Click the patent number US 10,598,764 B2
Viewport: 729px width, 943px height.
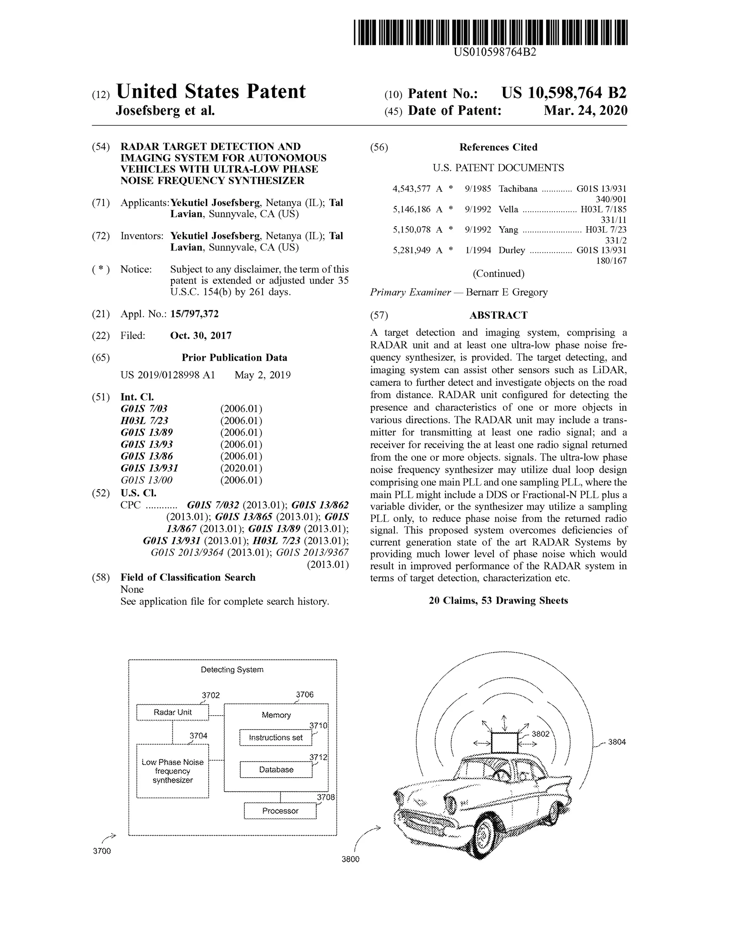click(x=563, y=93)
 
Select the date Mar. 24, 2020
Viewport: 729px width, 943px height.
click(x=585, y=111)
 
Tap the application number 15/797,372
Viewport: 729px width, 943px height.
click(x=194, y=314)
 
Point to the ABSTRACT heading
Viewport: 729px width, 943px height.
click(x=498, y=315)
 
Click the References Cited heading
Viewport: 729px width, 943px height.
click(x=498, y=147)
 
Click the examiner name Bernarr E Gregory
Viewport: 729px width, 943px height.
click(x=506, y=292)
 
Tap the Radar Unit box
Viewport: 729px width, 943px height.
click(x=172, y=712)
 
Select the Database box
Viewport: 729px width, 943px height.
click(x=276, y=769)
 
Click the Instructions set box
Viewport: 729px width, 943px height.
click(x=276, y=737)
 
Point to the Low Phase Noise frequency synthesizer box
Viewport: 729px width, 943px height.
click(x=172, y=771)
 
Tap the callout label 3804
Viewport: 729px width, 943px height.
click(x=616, y=742)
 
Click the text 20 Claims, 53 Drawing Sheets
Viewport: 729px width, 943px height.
click(x=498, y=601)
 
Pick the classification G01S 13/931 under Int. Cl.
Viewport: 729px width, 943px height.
click(x=150, y=468)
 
